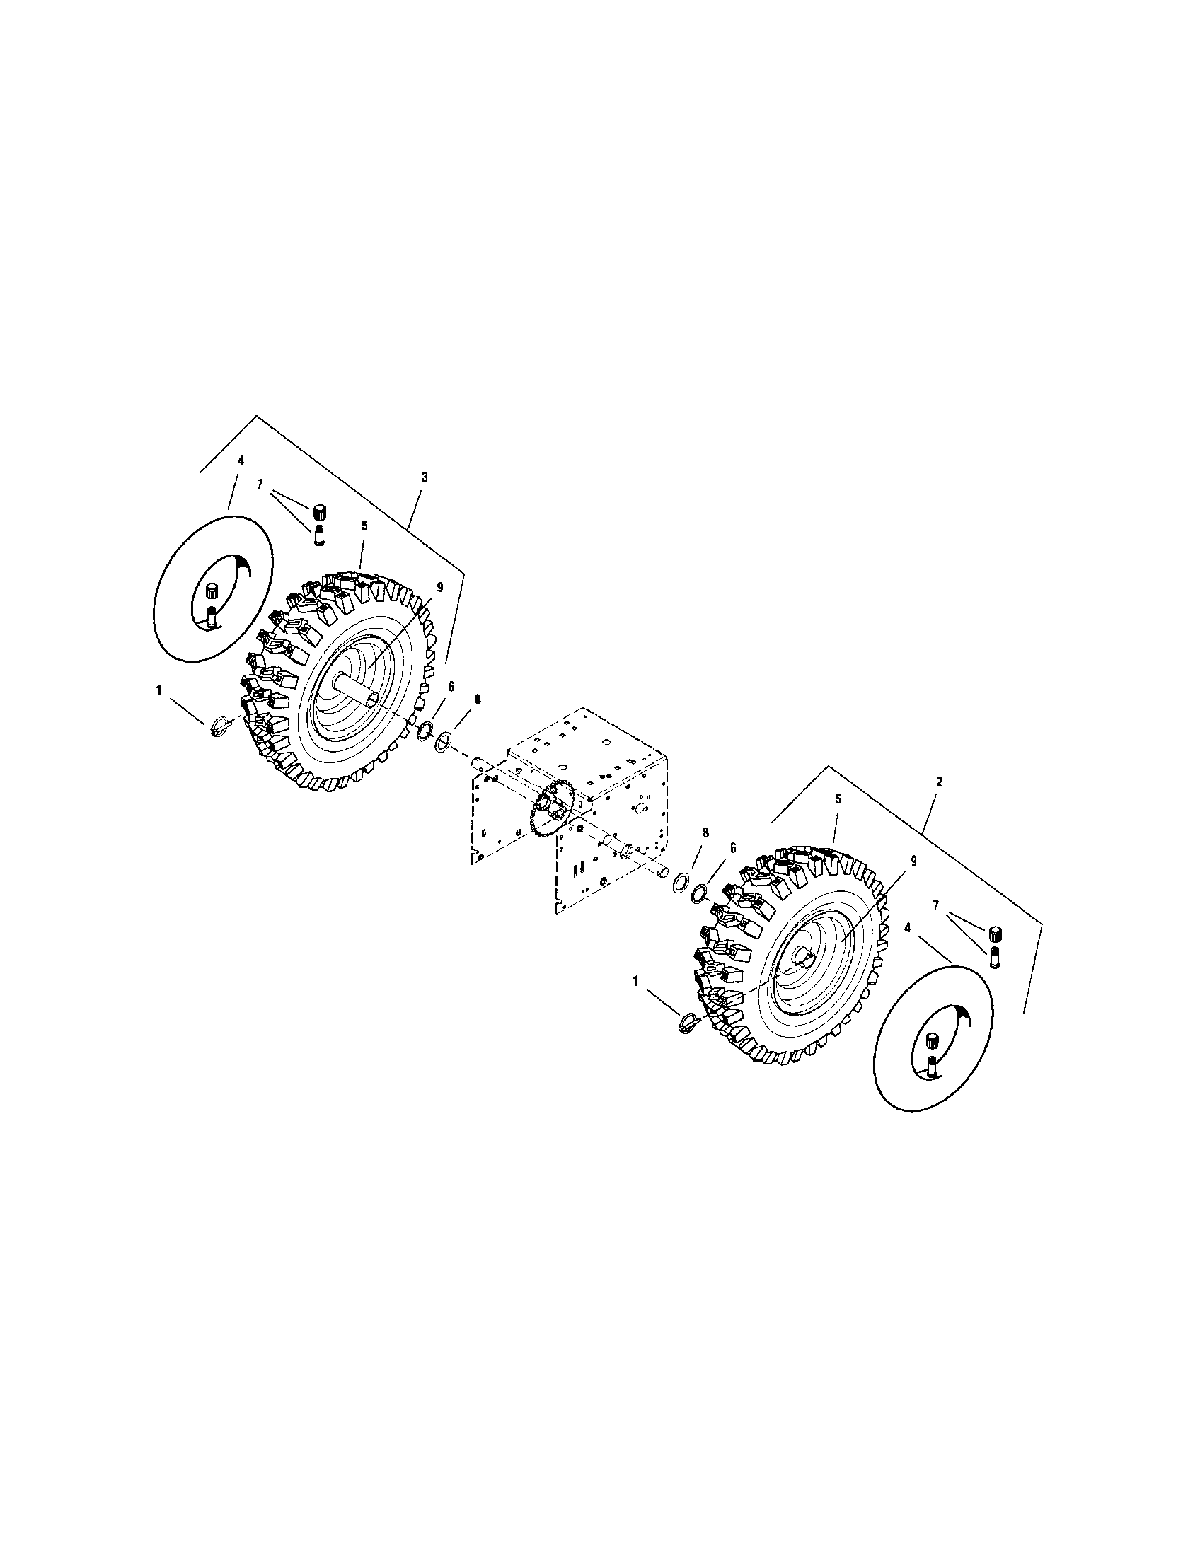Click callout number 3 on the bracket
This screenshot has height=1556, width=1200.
(424, 477)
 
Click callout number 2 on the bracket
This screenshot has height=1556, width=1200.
(939, 782)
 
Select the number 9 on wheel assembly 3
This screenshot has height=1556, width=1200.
(439, 588)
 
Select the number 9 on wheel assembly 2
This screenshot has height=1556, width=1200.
(913, 861)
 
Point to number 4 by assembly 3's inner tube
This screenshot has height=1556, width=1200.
(240, 461)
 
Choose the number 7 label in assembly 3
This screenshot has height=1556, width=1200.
(260, 484)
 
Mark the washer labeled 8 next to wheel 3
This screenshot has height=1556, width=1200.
(443, 741)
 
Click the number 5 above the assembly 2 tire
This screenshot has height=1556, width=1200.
(838, 799)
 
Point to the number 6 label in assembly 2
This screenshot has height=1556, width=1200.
(732, 847)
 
